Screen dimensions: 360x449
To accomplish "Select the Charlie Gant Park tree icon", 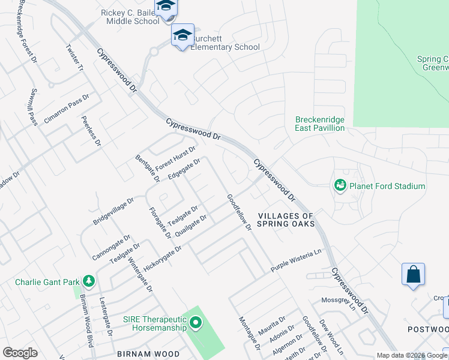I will click(88, 281).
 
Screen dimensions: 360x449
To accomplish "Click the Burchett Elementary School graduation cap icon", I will click(182, 35).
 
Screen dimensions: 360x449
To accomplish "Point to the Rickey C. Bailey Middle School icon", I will click(165, 7).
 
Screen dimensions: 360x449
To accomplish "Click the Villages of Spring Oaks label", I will click(286, 220).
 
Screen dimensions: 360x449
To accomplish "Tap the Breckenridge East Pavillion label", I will click(320, 124).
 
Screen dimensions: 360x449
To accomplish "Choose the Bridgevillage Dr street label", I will click(113, 212).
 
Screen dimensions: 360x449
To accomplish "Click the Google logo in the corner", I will click(20, 353).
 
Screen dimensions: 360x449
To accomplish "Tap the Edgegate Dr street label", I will click(184, 169).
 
